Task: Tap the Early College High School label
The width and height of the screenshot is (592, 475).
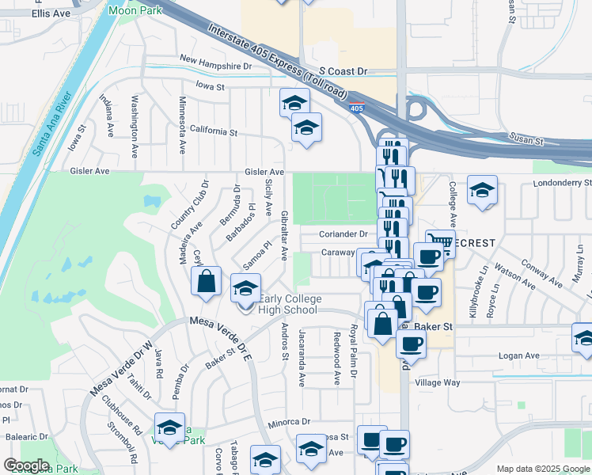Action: click(x=290, y=304)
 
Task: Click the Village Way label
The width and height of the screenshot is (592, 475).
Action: click(x=438, y=382)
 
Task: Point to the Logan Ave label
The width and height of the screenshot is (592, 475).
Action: click(x=518, y=356)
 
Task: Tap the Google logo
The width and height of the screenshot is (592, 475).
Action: click(x=27, y=465)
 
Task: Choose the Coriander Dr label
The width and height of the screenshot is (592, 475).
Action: click(x=343, y=234)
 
